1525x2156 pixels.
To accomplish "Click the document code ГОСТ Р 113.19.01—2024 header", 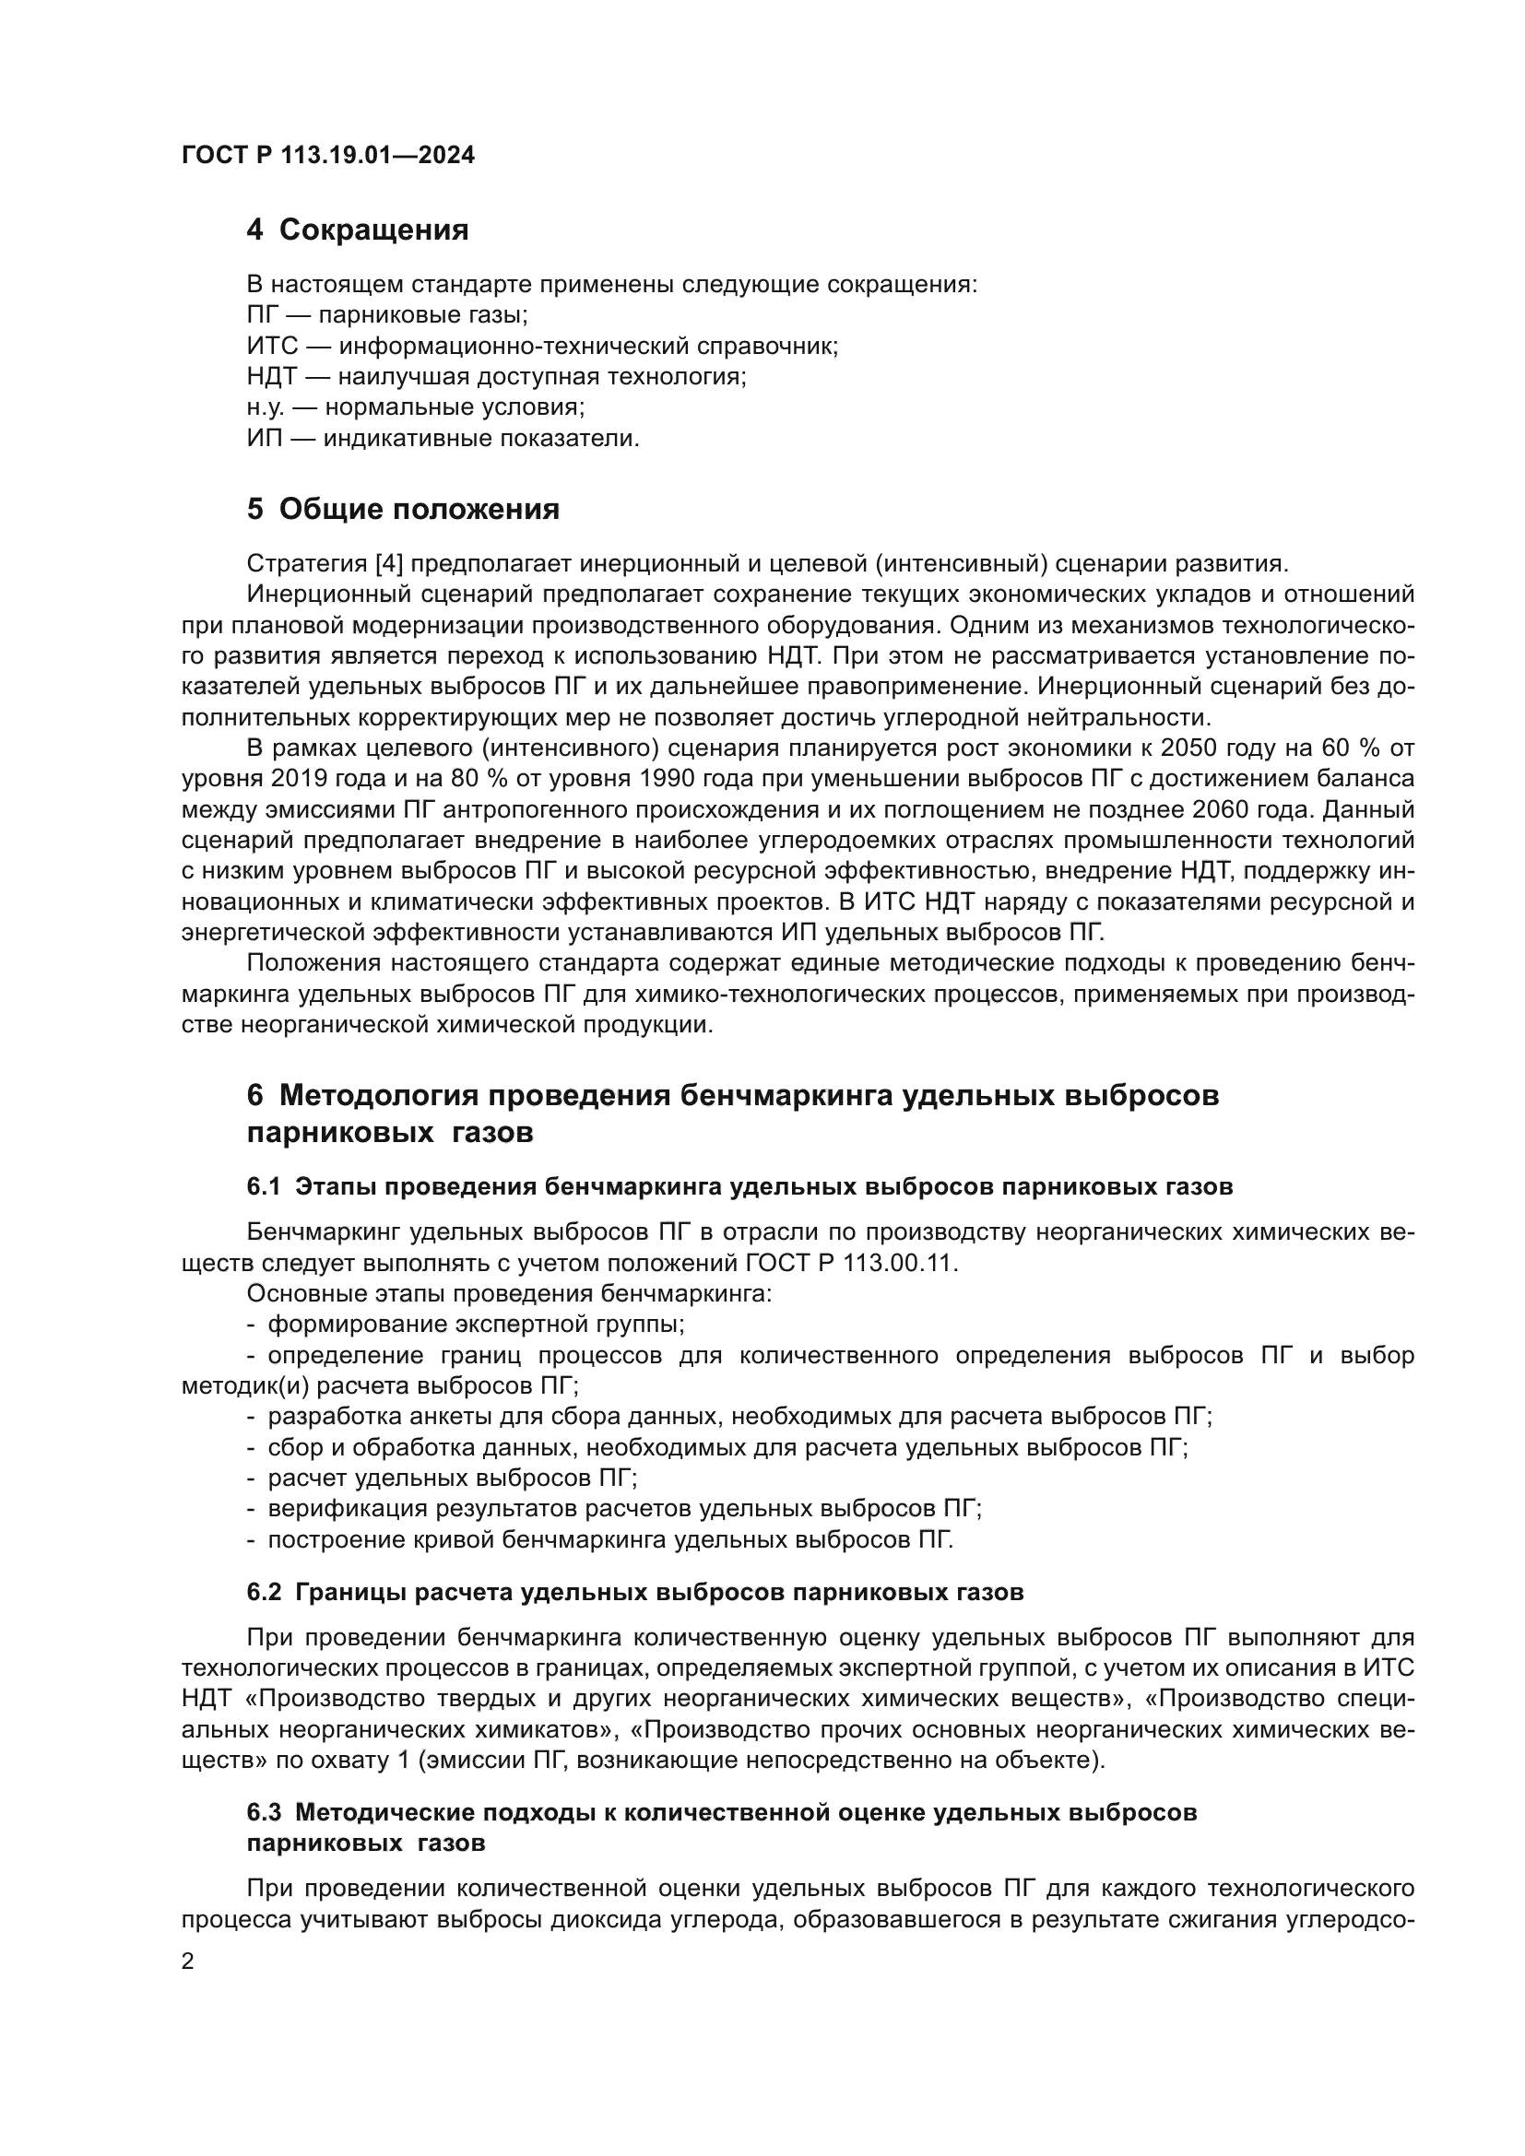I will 327,156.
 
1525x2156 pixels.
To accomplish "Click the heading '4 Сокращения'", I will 357,230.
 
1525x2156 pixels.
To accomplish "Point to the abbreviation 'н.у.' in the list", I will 266,407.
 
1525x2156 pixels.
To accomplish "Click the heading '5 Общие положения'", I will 403,509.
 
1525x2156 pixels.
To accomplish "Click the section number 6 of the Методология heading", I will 254,1095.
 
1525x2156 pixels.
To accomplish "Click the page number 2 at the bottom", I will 188,1962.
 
